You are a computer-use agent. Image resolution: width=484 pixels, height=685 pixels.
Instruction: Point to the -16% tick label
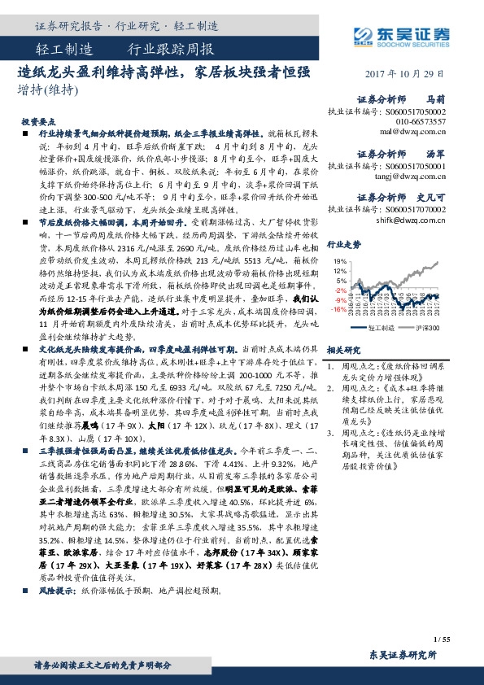click(338, 309)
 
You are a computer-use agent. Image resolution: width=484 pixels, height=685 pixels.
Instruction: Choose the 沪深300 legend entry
click(427, 328)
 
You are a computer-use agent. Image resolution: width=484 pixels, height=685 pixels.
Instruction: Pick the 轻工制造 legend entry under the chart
click(381, 328)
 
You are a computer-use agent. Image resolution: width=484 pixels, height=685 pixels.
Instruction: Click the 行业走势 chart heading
click(343, 243)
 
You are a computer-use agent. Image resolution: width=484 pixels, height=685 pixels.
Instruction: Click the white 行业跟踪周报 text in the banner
click(171, 48)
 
